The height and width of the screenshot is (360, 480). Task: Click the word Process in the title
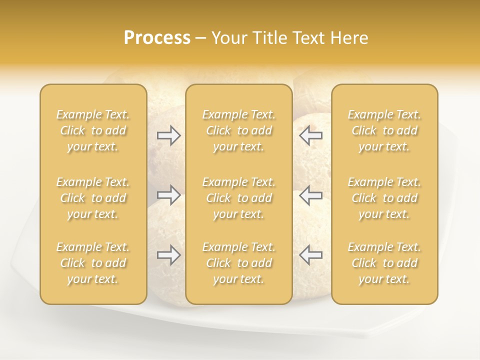[x=157, y=38]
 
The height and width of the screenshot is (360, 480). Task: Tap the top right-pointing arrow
[x=168, y=135]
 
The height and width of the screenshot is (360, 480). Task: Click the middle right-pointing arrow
[x=168, y=195]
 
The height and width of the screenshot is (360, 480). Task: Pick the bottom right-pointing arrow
[x=168, y=255]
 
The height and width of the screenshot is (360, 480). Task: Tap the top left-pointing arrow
[x=310, y=135]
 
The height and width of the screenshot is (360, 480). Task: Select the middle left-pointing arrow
[x=310, y=195]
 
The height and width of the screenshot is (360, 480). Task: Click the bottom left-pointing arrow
[x=310, y=255]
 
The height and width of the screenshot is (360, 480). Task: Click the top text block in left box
[x=93, y=130]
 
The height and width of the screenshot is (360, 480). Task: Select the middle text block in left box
[x=93, y=198]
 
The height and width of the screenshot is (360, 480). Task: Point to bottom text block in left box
[x=93, y=263]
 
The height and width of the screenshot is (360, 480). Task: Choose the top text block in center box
[x=238, y=130]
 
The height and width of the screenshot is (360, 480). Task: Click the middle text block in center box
[x=238, y=198]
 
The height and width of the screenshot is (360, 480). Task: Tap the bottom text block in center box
[x=238, y=263]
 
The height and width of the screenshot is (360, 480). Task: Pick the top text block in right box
[x=384, y=130]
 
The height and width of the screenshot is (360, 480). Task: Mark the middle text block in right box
[x=384, y=198]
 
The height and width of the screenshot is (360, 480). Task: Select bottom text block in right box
[x=384, y=263]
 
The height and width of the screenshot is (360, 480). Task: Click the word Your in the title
[x=227, y=38]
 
